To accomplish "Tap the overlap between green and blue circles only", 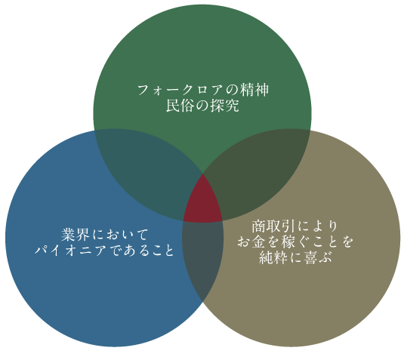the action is point(144,170).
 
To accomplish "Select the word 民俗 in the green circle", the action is point(179,106).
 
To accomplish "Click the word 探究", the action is point(225,106).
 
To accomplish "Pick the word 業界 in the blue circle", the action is point(75,235).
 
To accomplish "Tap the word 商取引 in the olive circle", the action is point(273,226).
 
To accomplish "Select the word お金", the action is point(251,242).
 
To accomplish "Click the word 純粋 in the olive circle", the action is point(273,257).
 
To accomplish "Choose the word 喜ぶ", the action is point(317,257).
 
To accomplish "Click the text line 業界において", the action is point(105,235).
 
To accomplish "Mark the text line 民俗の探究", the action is point(202,106).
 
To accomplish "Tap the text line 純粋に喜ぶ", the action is point(295,257).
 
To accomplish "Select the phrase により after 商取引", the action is point(317,226).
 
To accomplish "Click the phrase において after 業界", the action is point(120,235).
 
